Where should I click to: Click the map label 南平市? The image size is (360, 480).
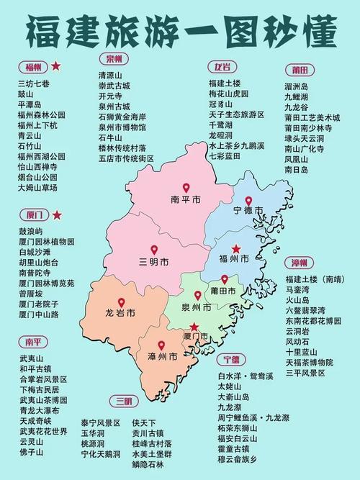(x=185, y=199)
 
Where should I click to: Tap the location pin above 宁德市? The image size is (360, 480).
(x=248, y=201)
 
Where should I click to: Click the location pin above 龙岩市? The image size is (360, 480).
(x=121, y=302)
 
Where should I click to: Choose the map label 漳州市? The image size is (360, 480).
(x=162, y=356)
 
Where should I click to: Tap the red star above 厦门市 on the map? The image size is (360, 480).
(x=194, y=326)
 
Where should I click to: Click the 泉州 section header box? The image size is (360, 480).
(x=114, y=58)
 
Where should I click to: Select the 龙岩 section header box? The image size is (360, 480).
(x=220, y=67)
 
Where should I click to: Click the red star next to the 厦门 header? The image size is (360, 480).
(x=56, y=214)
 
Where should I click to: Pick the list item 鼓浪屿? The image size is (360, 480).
(x=31, y=232)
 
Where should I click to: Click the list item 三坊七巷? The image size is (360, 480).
(x=33, y=83)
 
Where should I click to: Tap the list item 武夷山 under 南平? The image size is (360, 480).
(x=31, y=358)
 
